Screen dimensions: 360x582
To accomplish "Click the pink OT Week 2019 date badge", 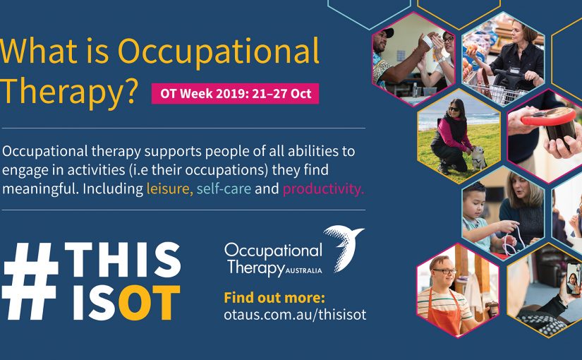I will (235, 93).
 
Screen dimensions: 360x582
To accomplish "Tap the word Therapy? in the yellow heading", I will (69, 92).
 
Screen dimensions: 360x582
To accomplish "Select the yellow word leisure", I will (169, 188).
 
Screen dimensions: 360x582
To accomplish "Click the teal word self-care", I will (224, 188).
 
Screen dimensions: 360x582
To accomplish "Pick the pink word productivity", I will (324, 188).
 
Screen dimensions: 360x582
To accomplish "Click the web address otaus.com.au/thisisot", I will (295, 315).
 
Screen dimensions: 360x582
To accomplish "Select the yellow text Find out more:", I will (274, 297).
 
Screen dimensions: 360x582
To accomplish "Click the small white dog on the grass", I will (479, 156).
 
